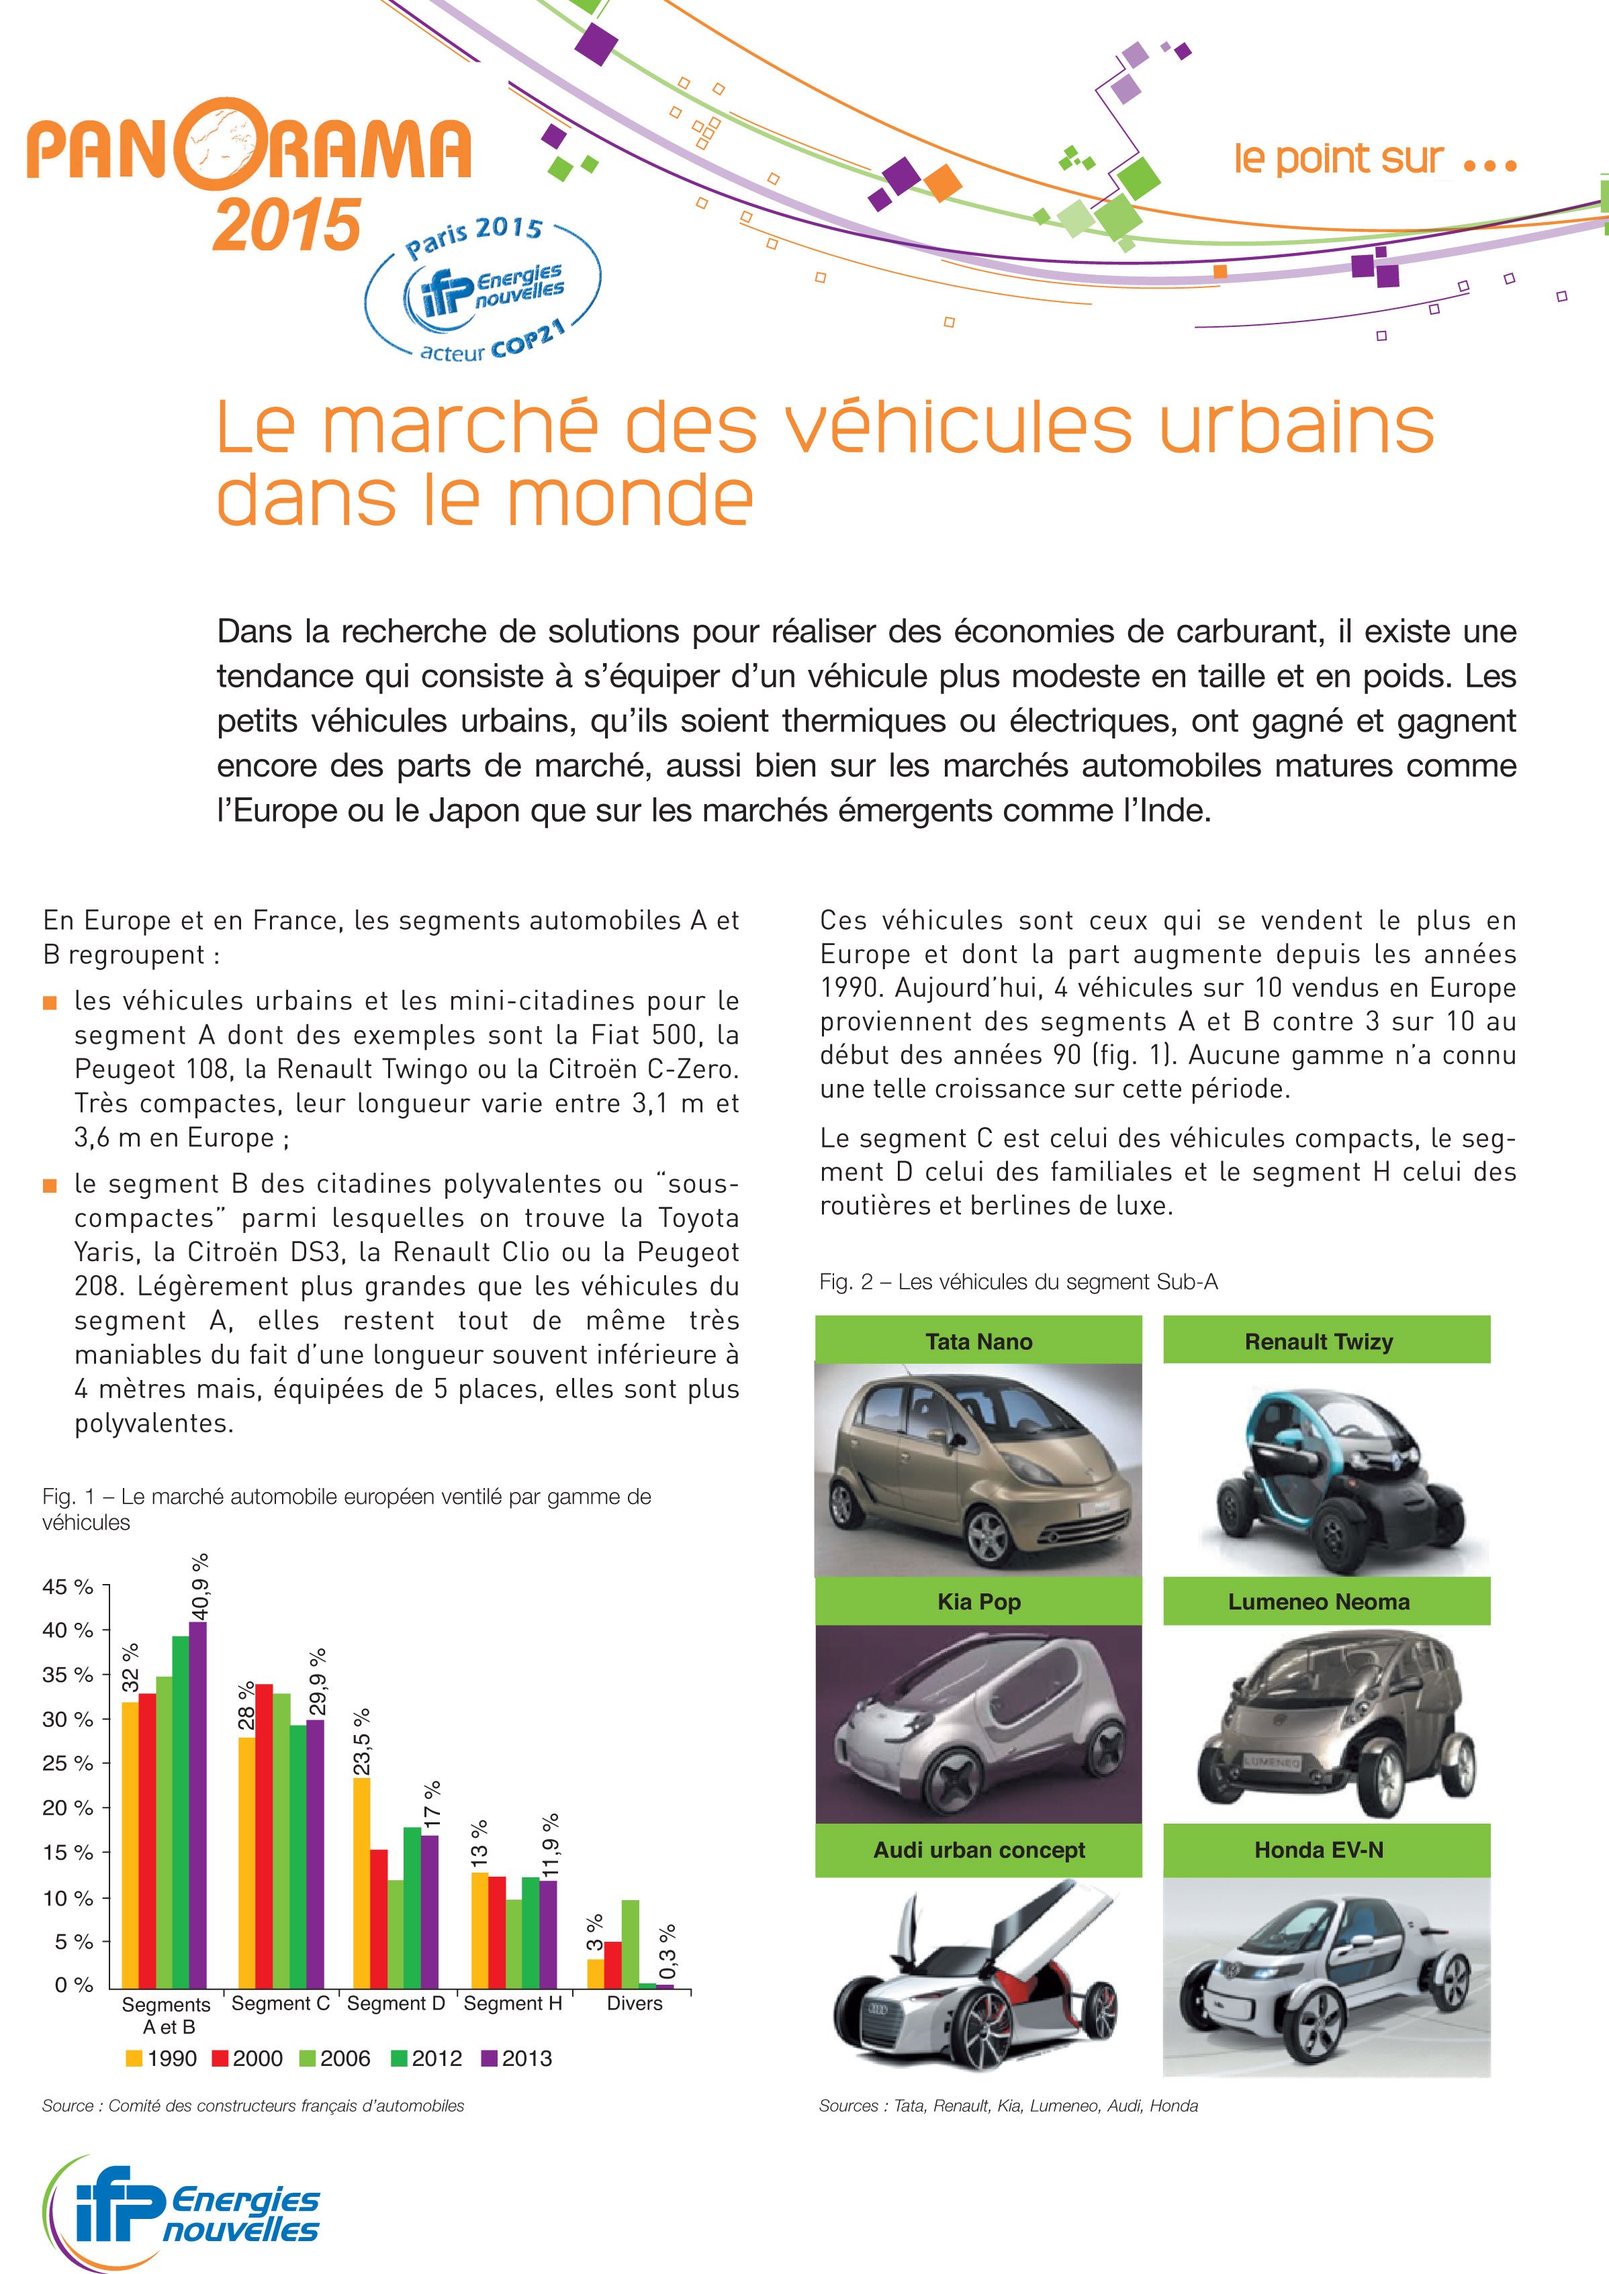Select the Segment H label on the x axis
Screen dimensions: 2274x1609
(x=513, y=2004)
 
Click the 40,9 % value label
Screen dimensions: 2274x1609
(x=200, y=1581)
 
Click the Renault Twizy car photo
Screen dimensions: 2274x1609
(x=1326, y=1470)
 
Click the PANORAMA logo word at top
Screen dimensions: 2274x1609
(x=248, y=148)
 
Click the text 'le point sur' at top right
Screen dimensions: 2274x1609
(x=1338, y=158)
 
